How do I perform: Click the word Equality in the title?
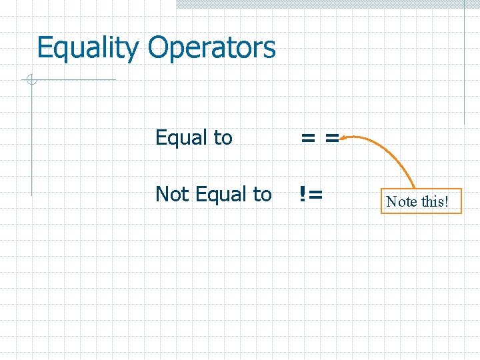pyautogui.click(x=89, y=49)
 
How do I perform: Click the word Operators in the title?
pyautogui.click(x=211, y=49)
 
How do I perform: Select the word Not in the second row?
pyautogui.click(x=171, y=194)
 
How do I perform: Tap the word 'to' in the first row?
pyautogui.click(x=223, y=138)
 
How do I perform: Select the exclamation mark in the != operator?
pyautogui.click(x=303, y=194)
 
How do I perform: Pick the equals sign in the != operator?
pyautogui.click(x=315, y=195)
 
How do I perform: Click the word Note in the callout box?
pyautogui.click(x=401, y=201)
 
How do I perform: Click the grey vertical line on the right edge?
pyautogui.click(x=464, y=67)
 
